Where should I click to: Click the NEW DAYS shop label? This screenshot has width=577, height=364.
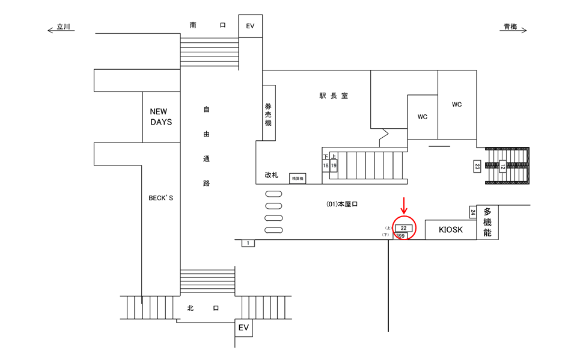coord(161,117)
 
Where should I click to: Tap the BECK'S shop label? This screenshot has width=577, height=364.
coord(160,197)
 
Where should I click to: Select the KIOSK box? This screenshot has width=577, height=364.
coord(451,230)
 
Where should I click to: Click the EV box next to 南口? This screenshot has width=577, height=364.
coord(251,26)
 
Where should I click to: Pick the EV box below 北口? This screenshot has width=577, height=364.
coord(243,328)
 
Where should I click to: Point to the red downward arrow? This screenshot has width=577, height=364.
coord(405,205)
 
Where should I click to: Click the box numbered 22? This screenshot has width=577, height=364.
coord(404,228)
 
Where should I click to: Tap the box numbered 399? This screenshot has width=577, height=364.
coord(401,236)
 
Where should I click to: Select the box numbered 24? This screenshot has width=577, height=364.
coord(472,212)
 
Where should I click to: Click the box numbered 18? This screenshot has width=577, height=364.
coord(326,165)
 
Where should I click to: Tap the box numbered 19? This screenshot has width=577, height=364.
coord(334,165)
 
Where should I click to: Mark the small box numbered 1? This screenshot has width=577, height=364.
coord(248,243)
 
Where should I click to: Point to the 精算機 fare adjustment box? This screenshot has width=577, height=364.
coord(298,178)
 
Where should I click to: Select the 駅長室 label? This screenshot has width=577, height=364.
coord(334,96)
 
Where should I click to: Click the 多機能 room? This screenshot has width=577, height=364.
coord(487,222)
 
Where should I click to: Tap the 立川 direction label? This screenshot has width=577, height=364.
coord(63,27)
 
